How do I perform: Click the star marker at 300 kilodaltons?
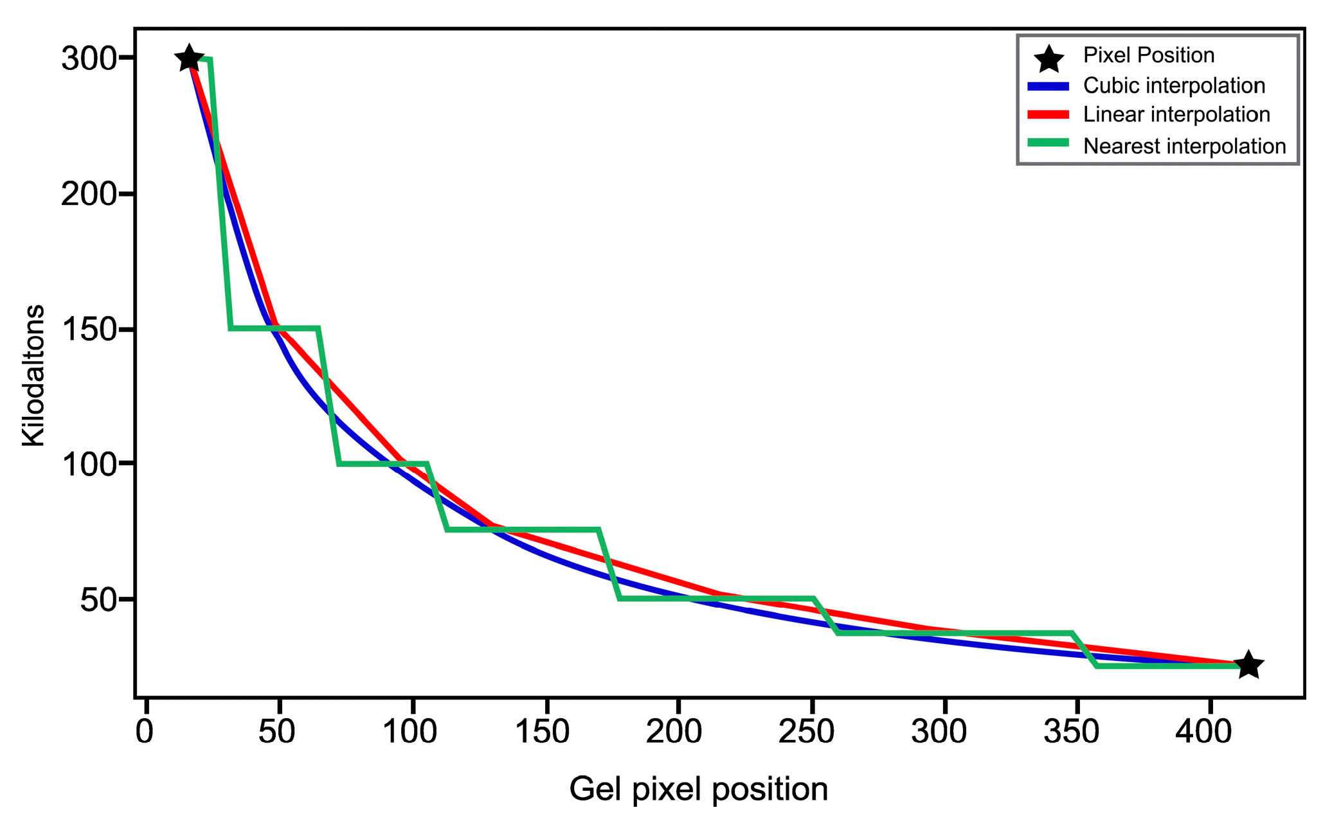189,58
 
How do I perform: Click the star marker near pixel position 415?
1248,664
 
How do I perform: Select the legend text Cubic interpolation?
1173,85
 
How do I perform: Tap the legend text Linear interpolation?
1176,115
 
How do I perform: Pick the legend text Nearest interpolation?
1183,146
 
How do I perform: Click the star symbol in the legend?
1049,58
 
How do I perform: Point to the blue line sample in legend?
1048,86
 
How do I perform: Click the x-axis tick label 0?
145,732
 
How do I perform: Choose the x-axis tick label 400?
1203,732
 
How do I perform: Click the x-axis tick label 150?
543,732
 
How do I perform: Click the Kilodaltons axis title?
33,376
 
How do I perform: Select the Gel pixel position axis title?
698,789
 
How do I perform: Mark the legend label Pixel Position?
1148,55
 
